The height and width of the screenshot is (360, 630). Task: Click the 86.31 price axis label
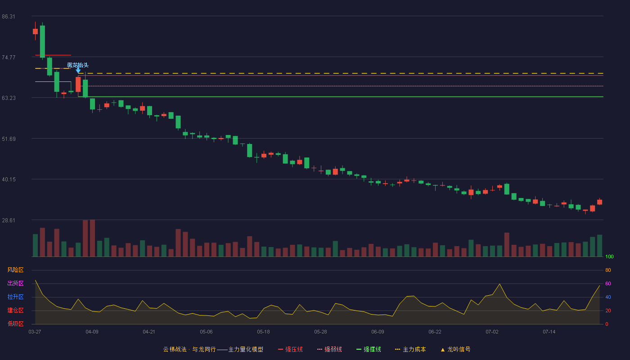coord(9,17)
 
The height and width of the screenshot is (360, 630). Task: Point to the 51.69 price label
coord(9,139)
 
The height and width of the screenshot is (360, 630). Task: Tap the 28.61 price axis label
coord(9,220)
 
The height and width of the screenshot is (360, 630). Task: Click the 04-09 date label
coord(92,332)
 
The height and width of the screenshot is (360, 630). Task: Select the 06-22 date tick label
coord(435,332)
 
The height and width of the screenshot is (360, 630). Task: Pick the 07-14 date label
coord(549,332)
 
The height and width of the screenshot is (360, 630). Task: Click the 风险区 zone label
coord(15,270)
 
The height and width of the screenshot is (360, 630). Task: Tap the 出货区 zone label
coord(15,283)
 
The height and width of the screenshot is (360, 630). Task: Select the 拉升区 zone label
coord(15,297)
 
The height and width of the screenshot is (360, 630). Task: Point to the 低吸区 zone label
coord(15,324)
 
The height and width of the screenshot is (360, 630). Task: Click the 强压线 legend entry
coord(290,349)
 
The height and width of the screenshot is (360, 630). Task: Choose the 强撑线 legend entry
coord(369,349)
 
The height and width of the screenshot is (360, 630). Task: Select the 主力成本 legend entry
coord(410,349)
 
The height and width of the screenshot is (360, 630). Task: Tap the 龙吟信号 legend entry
coord(455,349)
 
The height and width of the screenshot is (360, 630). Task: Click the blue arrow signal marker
coord(78,70)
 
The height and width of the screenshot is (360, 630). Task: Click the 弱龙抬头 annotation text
coord(78,65)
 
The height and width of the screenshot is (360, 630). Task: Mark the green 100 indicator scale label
coord(609,256)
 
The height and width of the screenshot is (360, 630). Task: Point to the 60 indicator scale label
coord(608,283)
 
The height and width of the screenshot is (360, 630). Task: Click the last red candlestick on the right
coord(599,202)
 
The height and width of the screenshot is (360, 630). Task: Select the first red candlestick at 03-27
coord(35,31)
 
